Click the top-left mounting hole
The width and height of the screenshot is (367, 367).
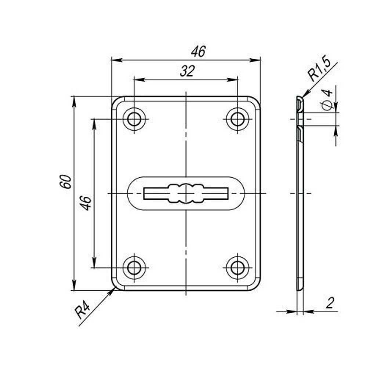click(134, 119)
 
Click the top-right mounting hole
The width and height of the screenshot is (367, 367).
click(237, 119)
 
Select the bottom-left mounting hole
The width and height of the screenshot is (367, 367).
click(134, 268)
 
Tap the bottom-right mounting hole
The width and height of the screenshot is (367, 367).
click(237, 268)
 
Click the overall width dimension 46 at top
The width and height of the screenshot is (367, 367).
click(198, 51)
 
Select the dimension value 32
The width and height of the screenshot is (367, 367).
click(187, 71)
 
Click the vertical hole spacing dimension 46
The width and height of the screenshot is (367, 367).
click(85, 203)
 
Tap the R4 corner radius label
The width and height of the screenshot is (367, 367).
click(82, 310)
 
